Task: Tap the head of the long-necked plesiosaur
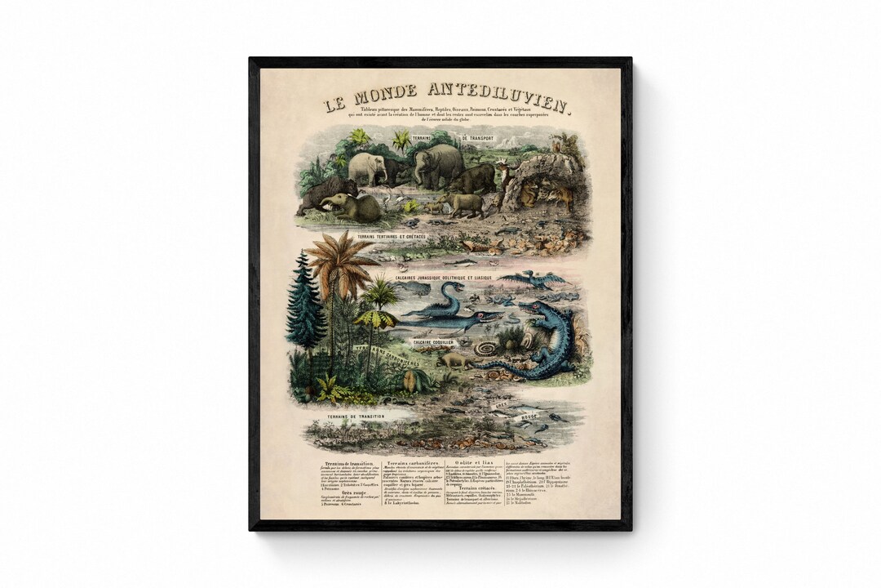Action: (x=455, y=287)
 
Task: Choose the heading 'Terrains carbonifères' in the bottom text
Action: (x=414, y=463)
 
